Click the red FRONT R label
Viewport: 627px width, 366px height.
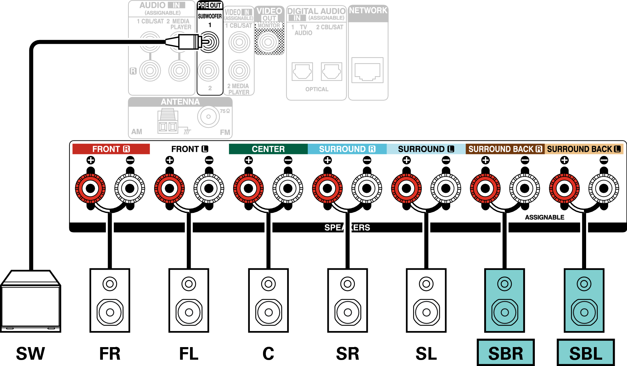[111, 149]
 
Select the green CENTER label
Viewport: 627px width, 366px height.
[268, 149]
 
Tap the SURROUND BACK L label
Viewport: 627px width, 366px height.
[584, 149]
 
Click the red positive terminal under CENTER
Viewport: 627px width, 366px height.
[248, 188]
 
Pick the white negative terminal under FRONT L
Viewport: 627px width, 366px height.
[209, 188]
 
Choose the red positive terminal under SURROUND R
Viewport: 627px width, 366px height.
[327, 188]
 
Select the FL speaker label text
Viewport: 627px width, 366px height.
[189, 353]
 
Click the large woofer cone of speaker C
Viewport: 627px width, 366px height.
[268, 312]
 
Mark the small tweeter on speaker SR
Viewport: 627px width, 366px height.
[347, 284]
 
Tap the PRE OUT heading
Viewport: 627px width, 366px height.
[210, 5]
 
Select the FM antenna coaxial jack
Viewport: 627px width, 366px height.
[208, 117]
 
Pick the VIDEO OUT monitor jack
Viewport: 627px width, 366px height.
[268, 42]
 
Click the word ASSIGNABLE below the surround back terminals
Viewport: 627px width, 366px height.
[544, 217]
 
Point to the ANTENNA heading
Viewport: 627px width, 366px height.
[180, 102]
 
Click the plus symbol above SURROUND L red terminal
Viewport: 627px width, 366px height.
[406, 160]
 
